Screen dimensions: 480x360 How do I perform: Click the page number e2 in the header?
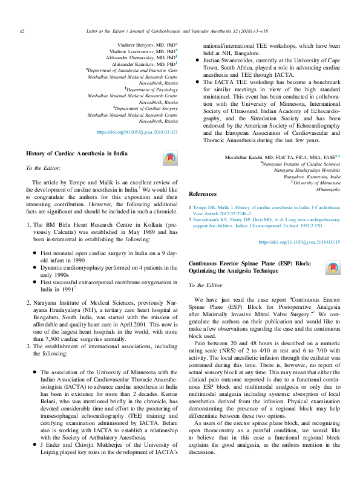pos(22,29)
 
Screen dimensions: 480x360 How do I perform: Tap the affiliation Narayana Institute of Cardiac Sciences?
pos(302,164)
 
